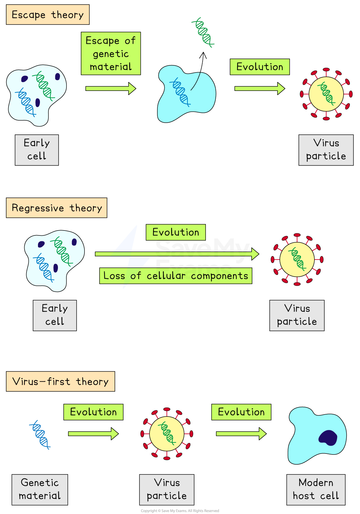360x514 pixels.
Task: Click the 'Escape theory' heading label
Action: pos(48,15)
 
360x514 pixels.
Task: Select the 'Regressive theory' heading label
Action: pos(57,208)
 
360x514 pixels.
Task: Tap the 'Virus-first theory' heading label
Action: pos(61,382)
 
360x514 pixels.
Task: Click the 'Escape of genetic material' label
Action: pos(111,54)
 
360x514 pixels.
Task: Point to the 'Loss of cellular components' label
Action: pos(176,276)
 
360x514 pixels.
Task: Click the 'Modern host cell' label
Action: pos(316,489)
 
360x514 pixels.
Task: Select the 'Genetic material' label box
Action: pos(40,489)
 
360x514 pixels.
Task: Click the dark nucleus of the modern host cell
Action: pos(328,438)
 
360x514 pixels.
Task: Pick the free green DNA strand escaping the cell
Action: pos(203,33)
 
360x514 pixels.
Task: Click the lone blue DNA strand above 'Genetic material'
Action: pos(40,435)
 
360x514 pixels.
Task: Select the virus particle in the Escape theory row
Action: pos(326,94)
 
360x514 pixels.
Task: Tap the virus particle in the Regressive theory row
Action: pos(297,260)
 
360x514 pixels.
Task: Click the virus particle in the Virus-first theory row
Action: pos(167,434)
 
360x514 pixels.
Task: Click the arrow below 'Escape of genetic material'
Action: pos(111,89)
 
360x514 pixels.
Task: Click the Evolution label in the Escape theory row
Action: pos(260,67)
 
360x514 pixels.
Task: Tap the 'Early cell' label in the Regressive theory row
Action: pos(55,315)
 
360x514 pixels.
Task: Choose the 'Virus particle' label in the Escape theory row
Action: pos(326,150)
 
